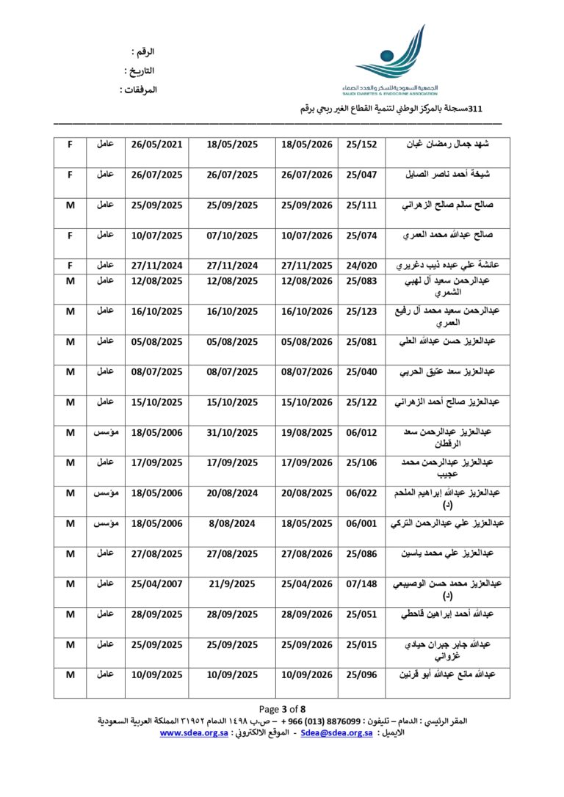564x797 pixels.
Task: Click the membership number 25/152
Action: pyautogui.click(x=361, y=145)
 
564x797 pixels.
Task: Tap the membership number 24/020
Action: pyautogui.click(x=361, y=266)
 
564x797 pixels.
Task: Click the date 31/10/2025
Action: pyautogui.click(x=233, y=432)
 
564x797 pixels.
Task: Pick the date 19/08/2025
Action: pyautogui.click(x=308, y=432)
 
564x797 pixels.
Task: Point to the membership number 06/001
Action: pyautogui.click(x=361, y=523)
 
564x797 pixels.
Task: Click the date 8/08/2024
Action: pyautogui.click(x=233, y=523)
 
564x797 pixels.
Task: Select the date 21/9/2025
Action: pyautogui.click(x=233, y=584)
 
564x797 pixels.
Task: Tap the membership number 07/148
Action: pyautogui.click(x=361, y=584)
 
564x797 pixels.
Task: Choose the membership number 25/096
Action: pyautogui.click(x=361, y=674)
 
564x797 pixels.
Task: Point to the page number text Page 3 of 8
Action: pyautogui.click(x=282, y=709)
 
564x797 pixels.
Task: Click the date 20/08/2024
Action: pyautogui.click(x=233, y=493)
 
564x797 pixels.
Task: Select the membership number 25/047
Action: pyautogui.click(x=361, y=175)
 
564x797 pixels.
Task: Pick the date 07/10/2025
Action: pyautogui.click(x=233, y=236)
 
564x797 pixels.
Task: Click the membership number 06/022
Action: pyautogui.click(x=361, y=493)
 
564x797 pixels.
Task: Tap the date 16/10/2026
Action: pyautogui.click(x=308, y=311)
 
